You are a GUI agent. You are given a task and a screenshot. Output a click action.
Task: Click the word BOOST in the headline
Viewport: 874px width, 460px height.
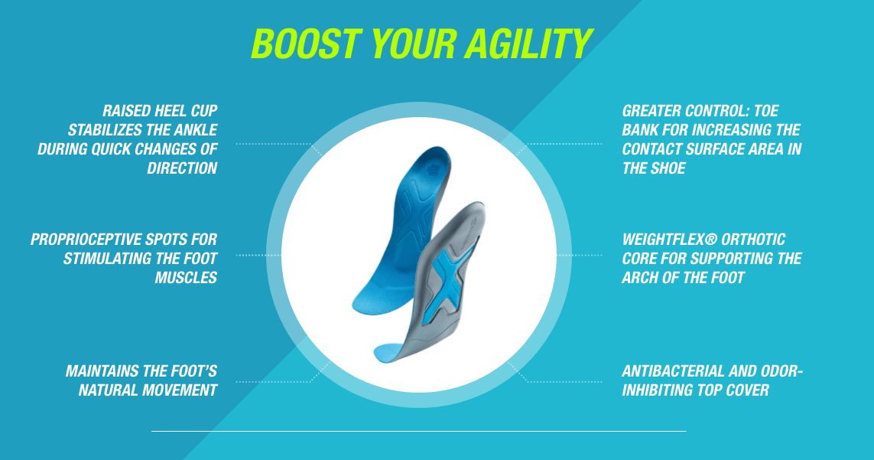(305, 43)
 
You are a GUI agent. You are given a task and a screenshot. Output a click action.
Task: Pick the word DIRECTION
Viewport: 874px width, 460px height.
(182, 168)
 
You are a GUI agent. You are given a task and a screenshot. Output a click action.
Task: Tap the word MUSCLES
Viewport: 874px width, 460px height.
(186, 277)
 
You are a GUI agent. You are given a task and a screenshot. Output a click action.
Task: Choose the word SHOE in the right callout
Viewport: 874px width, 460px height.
(668, 168)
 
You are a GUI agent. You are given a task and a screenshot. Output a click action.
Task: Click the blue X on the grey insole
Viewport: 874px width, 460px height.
(450, 282)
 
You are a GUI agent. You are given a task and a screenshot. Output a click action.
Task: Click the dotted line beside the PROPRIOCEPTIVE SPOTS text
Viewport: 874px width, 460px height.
(250, 255)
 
